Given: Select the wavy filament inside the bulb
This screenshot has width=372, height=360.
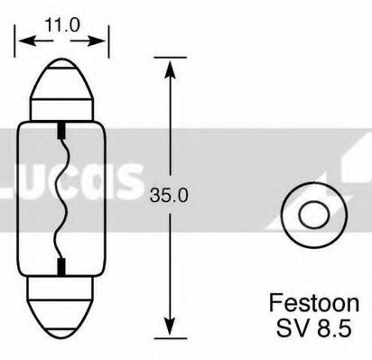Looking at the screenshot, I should (60, 198).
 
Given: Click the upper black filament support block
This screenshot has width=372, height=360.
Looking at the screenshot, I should (60, 134).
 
